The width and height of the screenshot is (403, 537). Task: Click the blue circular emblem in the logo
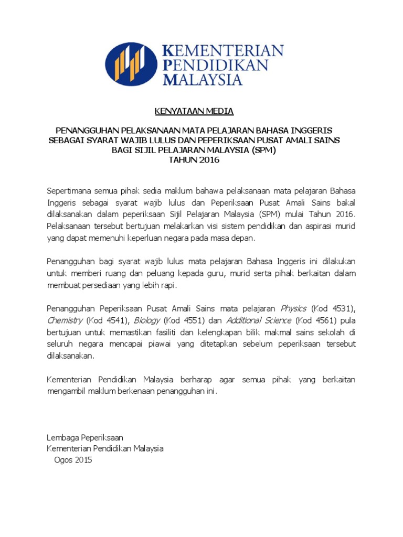pos(131,65)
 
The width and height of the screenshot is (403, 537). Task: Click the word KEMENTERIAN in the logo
pos(224,51)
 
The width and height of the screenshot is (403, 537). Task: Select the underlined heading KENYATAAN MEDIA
pos(194,111)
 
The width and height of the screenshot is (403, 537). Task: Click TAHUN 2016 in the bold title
pos(194,160)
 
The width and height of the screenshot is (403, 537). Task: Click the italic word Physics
pos(294,308)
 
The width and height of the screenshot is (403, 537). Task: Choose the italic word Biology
pos(146,319)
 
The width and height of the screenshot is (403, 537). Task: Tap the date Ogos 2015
pos(73,460)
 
